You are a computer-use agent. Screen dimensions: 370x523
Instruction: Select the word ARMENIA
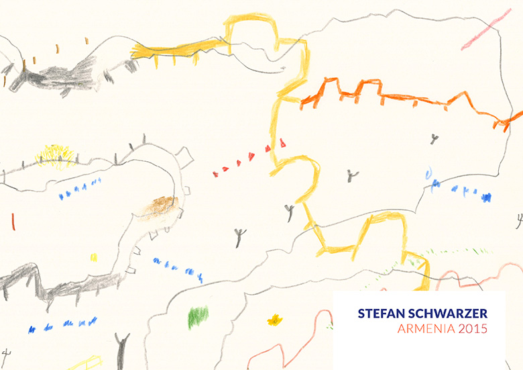click(421, 329)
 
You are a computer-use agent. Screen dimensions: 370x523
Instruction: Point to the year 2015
click(471, 329)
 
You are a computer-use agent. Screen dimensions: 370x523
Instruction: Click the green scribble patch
click(198, 316)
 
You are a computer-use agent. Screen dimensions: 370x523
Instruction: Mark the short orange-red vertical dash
click(13, 221)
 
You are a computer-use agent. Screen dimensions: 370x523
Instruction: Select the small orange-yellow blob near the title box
click(274, 320)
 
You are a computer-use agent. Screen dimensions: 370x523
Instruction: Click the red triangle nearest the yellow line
click(283, 142)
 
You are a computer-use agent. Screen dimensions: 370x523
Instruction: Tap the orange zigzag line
click(402, 97)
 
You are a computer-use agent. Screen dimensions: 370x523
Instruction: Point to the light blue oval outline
click(428, 174)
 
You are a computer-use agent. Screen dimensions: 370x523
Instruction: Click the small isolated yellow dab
click(93, 257)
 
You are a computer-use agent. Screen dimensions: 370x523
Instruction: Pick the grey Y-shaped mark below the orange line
click(434, 139)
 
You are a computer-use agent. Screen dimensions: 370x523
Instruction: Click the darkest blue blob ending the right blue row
click(486, 197)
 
